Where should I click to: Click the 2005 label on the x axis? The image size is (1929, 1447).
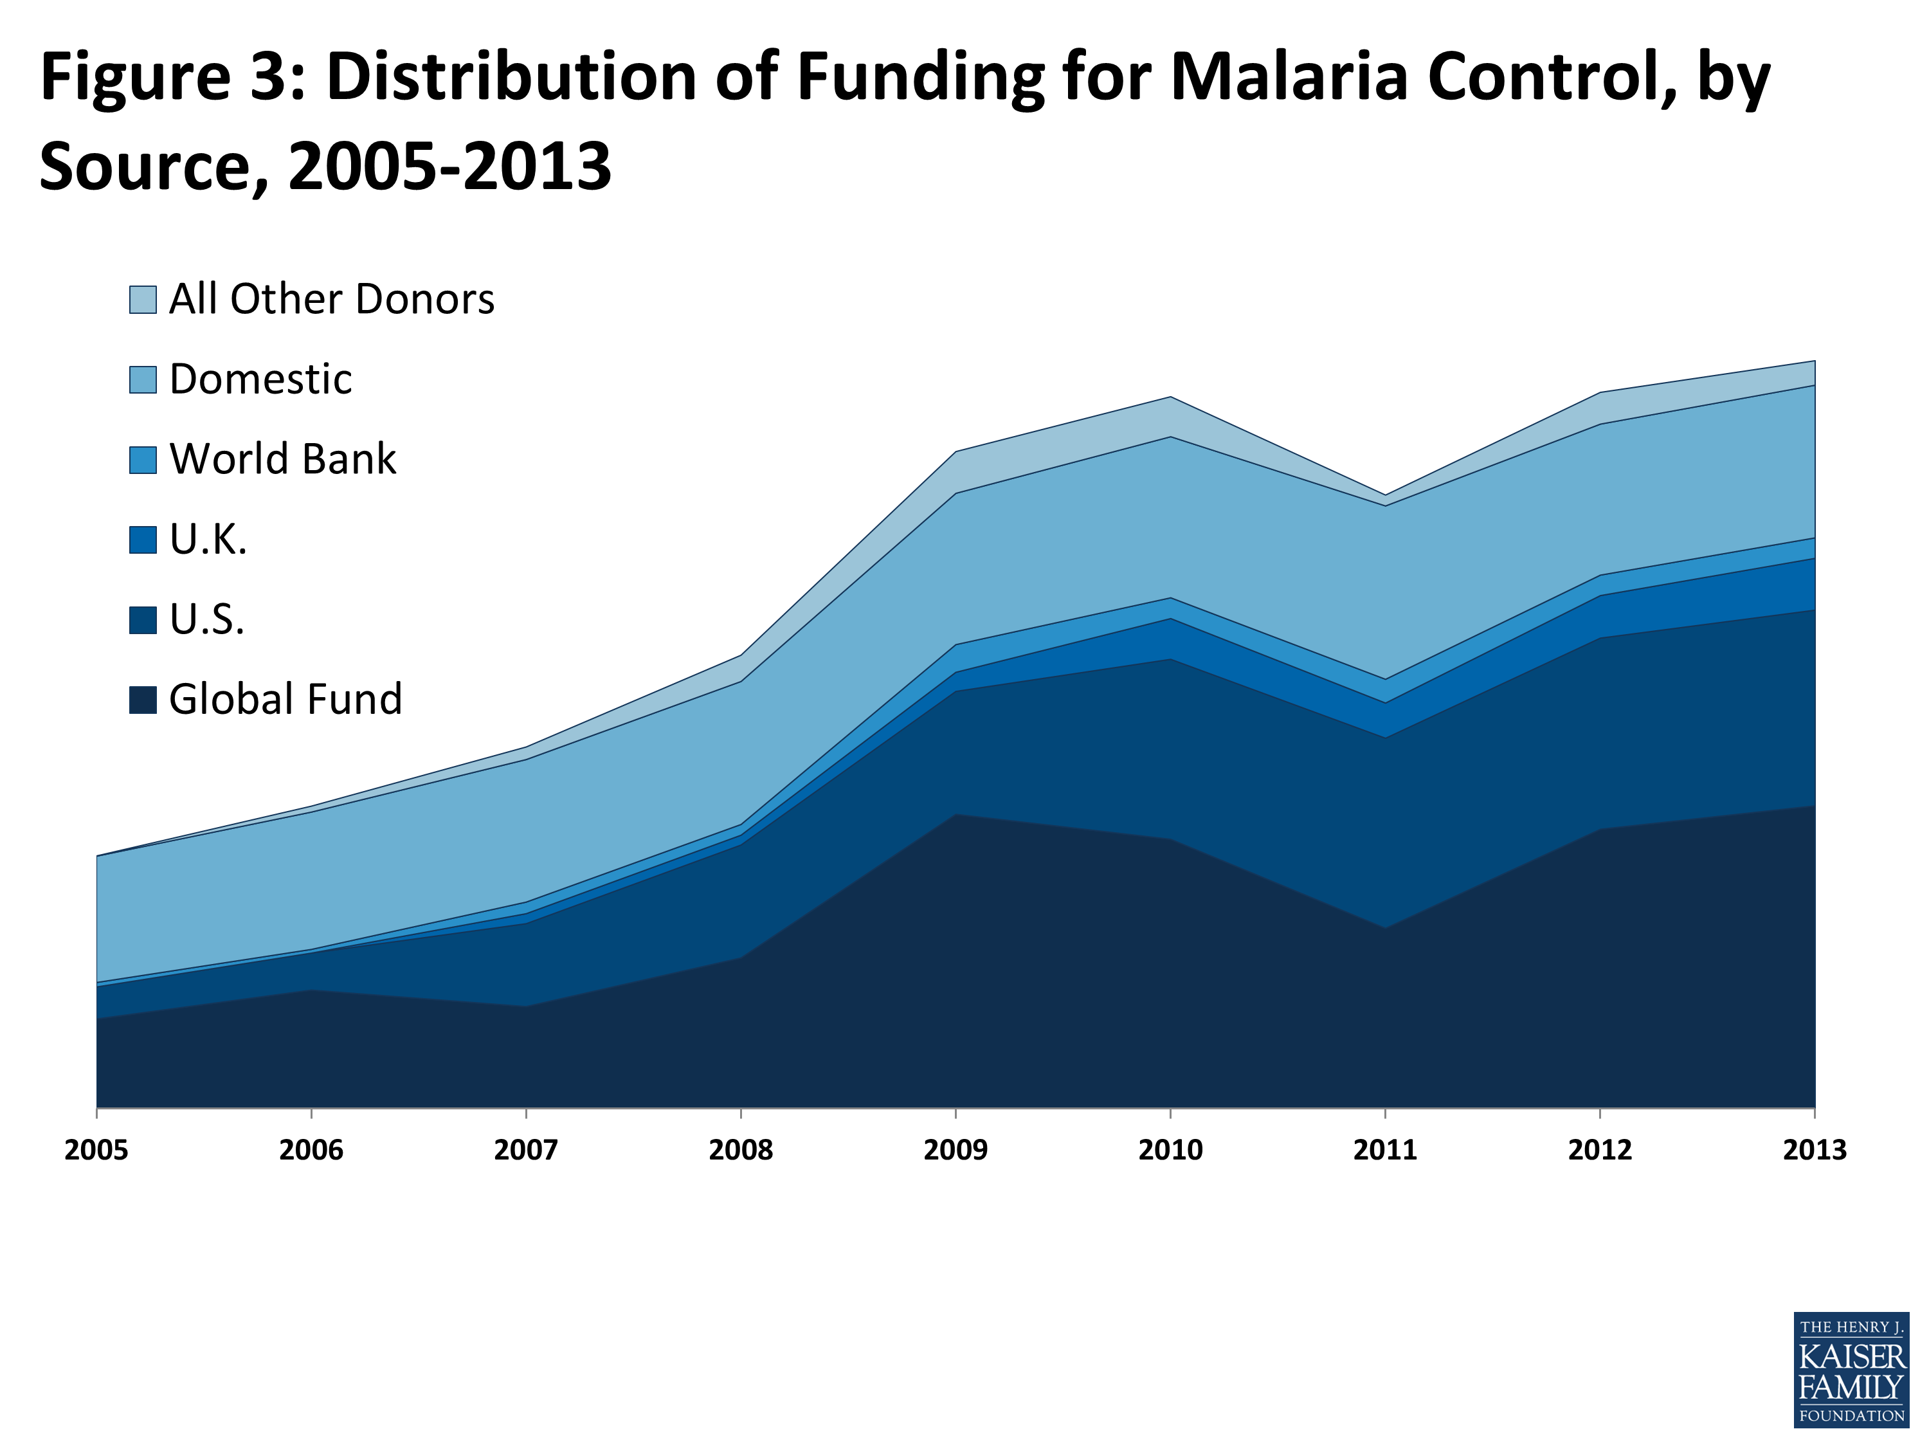(x=96, y=1151)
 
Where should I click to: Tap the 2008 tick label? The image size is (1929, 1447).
(x=740, y=1151)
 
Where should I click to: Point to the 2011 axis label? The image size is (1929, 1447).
(x=1385, y=1151)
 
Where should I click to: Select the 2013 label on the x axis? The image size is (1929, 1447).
(x=1814, y=1151)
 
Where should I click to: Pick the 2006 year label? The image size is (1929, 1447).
(x=311, y=1151)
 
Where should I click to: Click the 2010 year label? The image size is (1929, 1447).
(x=1170, y=1151)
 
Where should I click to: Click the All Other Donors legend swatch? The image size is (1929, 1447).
(x=143, y=299)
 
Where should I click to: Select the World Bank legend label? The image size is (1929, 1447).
(x=282, y=459)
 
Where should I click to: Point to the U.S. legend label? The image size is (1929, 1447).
(x=206, y=619)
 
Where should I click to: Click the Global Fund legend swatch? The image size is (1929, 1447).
(x=143, y=700)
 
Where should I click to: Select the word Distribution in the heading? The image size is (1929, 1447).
(x=511, y=77)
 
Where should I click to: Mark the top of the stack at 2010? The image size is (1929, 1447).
(x=1170, y=397)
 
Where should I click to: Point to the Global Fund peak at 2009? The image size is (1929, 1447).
(x=955, y=815)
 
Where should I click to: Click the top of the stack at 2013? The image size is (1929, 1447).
(x=1814, y=361)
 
